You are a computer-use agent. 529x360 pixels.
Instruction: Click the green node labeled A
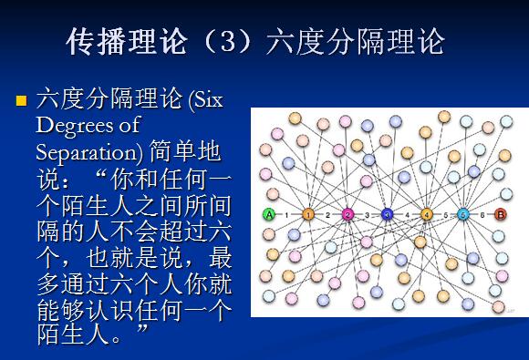(269, 215)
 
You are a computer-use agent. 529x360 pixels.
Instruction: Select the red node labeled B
(499, 215)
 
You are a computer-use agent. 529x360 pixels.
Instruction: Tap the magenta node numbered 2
(347, 215)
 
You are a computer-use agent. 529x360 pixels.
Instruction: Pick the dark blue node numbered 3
(387, 215)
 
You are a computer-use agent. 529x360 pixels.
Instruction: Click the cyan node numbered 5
(463, 215)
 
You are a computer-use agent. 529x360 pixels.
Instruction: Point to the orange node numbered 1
(308, 215)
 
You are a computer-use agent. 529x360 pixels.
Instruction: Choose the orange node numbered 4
(426, 215)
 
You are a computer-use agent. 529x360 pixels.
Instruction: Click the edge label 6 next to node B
(482, 215)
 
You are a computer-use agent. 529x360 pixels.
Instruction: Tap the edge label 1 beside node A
(288, 215)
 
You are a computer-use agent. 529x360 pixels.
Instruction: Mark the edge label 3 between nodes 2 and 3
(368, 215)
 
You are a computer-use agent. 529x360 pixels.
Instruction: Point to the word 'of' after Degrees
(127, 125)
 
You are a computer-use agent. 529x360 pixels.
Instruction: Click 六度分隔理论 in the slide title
(355, 42)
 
